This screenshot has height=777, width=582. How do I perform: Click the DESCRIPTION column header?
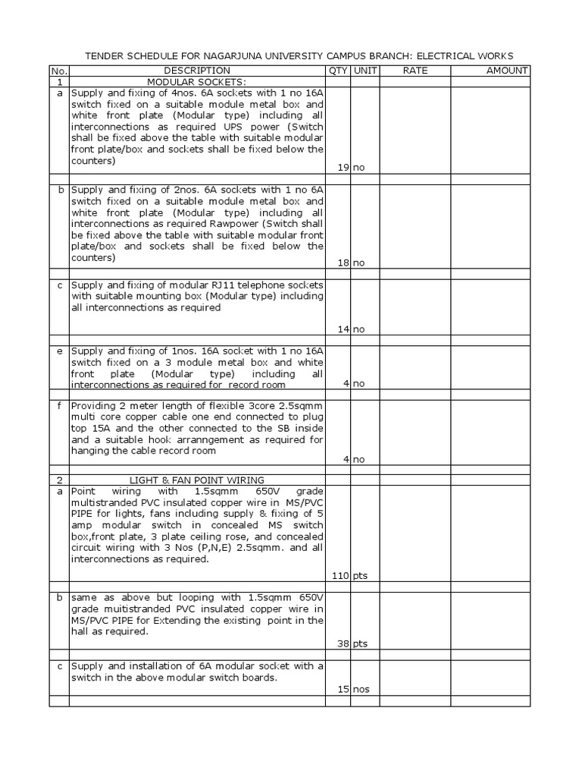coord(197,71)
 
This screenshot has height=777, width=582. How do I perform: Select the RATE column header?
coord(415,71)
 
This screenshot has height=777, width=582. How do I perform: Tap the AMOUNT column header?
coord(507,71)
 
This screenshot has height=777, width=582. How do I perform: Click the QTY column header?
coord(337,71)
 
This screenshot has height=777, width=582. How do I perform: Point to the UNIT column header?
coord(363,71)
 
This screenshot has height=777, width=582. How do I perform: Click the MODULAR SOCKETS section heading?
coord(196,82)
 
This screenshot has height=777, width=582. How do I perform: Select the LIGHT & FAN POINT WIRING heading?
coord(197,480)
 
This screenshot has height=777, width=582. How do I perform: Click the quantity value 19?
coord(343,167)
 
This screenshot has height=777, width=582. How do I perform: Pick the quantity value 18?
coord(343,262)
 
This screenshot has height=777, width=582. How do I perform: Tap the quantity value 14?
coord(343,329)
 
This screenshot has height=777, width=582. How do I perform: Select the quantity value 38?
coord(343,643)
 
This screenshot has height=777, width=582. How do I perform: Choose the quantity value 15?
coord(343,689)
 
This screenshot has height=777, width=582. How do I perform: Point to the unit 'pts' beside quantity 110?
coord(359,575)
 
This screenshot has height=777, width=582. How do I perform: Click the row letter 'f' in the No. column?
coord(59,406)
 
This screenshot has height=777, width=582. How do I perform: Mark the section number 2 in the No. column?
coord(59,480)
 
